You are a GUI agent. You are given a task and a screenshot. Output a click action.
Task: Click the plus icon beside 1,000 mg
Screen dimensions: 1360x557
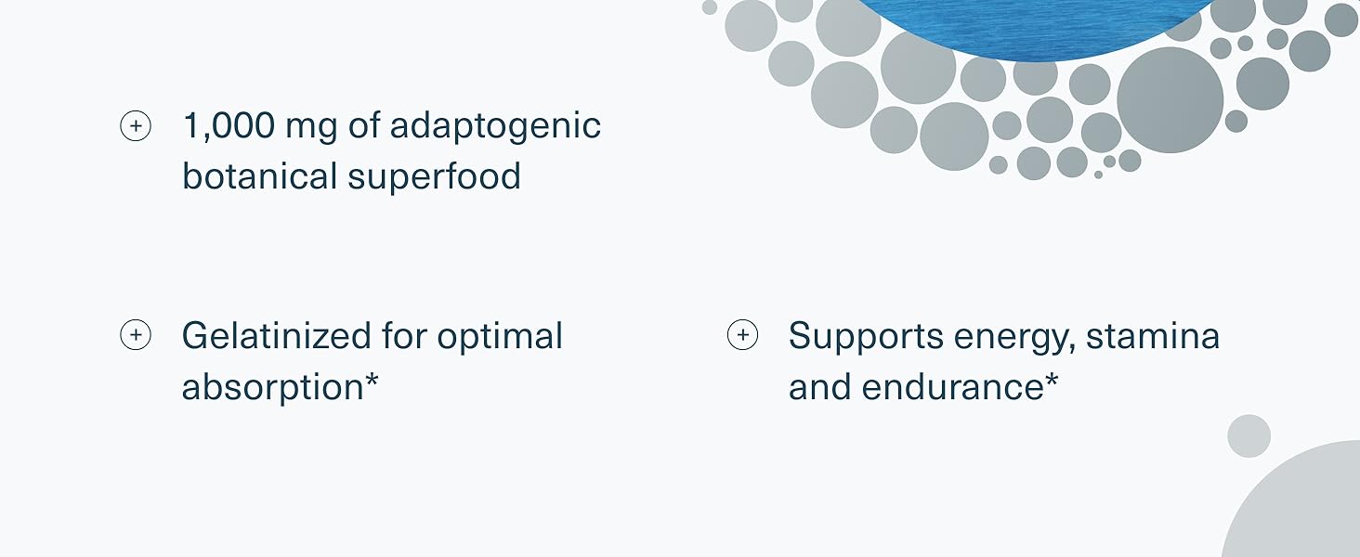coord(136,126)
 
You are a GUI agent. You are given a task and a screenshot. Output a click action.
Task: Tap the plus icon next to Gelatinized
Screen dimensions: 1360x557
coord(136,335)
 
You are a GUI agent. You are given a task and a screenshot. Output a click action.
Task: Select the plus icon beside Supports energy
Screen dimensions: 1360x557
coord(742,335)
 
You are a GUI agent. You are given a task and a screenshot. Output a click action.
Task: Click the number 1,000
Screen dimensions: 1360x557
coord(229,125)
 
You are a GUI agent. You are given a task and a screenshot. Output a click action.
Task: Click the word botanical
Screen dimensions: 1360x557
coord(260,176)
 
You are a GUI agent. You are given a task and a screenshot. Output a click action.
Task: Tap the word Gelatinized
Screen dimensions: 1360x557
coord(276,335)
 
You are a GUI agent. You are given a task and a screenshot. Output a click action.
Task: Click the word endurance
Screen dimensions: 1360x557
coord(952,387)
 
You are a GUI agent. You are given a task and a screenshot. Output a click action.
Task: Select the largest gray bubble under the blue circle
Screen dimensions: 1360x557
coord(1170,100)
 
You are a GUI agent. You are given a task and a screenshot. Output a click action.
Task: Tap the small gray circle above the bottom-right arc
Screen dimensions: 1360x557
coord(1249,436)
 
